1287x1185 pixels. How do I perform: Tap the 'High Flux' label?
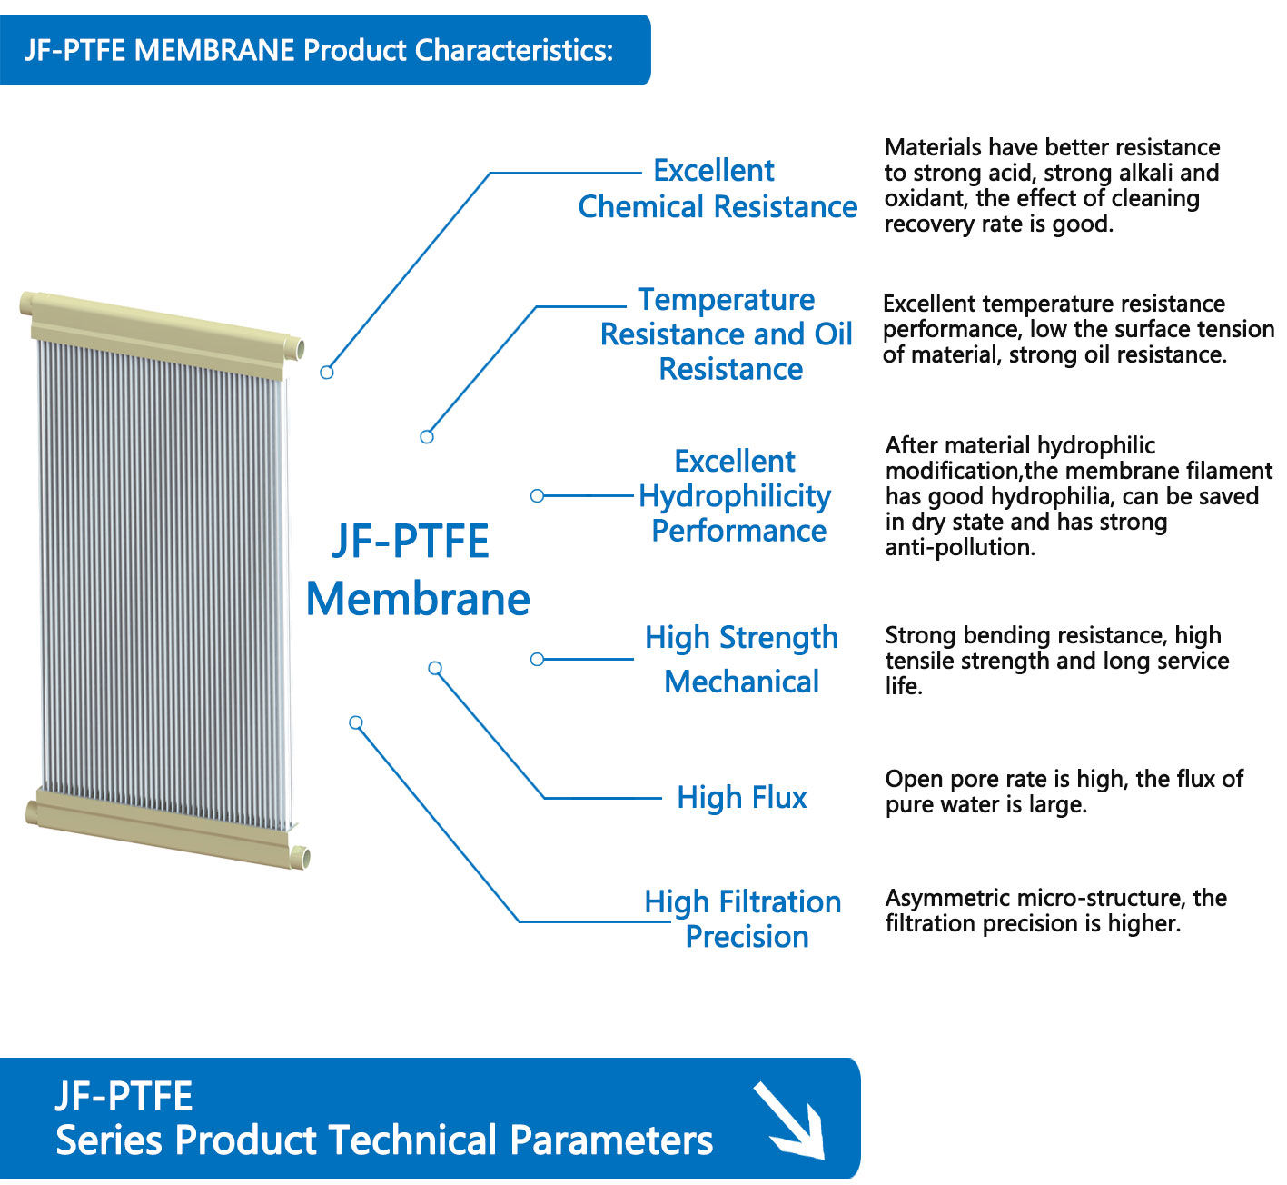click(742, 798)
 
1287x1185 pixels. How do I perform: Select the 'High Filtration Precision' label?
click(743, 920)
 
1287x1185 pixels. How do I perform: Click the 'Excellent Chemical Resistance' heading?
click(718, 189)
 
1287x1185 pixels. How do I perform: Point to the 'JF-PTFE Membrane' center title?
click(418, 570)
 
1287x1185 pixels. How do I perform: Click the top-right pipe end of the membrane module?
click(297, 349)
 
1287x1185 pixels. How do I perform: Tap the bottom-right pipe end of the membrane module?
click(302, 858)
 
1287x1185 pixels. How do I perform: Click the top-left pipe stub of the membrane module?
click(26, 303)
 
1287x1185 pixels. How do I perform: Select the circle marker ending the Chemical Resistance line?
click(327, 373)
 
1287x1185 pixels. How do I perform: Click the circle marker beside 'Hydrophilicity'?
click(538, 495)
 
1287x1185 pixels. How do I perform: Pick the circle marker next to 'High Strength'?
click(538, 659)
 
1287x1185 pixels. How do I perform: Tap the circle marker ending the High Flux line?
click(435, 668)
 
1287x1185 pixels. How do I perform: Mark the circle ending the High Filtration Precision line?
click(356, 722)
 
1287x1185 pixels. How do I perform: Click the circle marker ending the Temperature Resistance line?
click(427, 437)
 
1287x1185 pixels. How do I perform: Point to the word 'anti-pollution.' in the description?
click(960, 548)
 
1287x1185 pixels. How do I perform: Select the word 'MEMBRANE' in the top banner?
click(214, 50)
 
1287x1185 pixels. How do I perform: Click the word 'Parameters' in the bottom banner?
click(611, 1140)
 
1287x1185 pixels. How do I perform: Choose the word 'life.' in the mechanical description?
click(904, 686)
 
